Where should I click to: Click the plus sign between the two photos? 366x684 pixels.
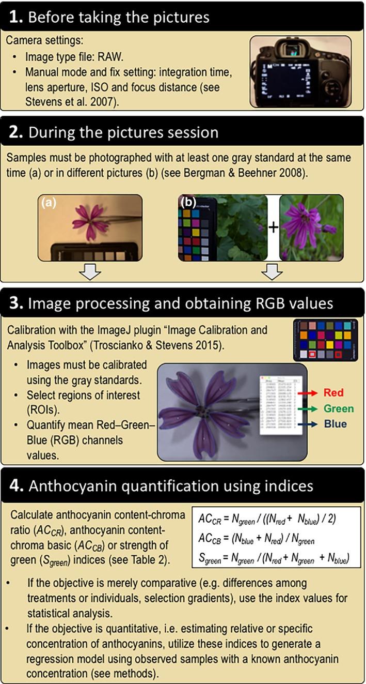(x=273, y=228)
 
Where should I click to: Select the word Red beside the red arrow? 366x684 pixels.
(x=333, y=393)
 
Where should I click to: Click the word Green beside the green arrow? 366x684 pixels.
(x=339, y=409)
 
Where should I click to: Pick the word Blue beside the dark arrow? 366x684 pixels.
(x=335, y=424)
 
